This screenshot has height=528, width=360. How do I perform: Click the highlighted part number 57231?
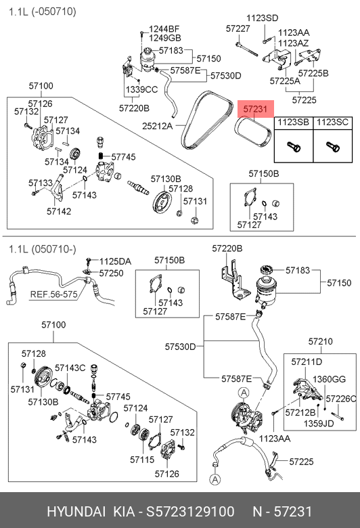click(x=255, y=109)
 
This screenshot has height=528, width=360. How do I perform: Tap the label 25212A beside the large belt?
click(x=157, y=126)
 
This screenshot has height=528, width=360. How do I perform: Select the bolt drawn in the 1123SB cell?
click(x=294, y=147)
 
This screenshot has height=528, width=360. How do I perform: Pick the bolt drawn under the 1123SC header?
click(x=333, y=147)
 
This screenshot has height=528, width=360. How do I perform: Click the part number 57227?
click(x=238, y=28)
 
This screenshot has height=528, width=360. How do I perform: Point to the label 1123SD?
click(x=263, y=18)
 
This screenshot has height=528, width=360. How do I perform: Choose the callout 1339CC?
click(x=142, y=89)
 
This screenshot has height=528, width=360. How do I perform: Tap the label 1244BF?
click(x=164, y=29)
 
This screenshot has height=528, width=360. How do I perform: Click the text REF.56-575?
click(x=54, y=294)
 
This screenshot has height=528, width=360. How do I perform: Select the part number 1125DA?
click(x=115, y=262)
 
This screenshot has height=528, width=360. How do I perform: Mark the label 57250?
click(x=111, y=273)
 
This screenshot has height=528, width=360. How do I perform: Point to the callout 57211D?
click(x=307, y=361)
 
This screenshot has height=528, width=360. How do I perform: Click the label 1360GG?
click(x=329, y=379)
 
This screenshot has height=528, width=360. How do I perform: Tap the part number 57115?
click(x=142, y=460)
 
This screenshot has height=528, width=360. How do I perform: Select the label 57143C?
click(x=70, y=368)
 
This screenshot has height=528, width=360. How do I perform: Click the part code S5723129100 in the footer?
click(x=190, y=512)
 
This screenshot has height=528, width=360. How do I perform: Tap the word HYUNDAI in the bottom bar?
click(x=76, y=512)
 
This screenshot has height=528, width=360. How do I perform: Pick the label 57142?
click(x=59, y=211)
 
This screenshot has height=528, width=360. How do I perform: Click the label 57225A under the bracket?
click(x=285, y=81)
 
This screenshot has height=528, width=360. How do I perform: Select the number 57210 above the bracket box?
click(x=321, y=341)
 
